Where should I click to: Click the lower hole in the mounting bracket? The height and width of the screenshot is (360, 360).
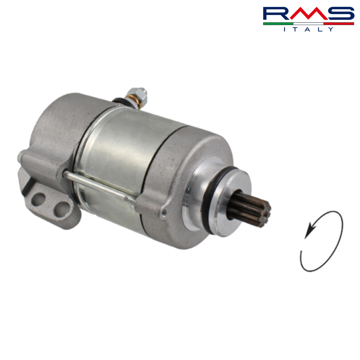click(62, 209)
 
